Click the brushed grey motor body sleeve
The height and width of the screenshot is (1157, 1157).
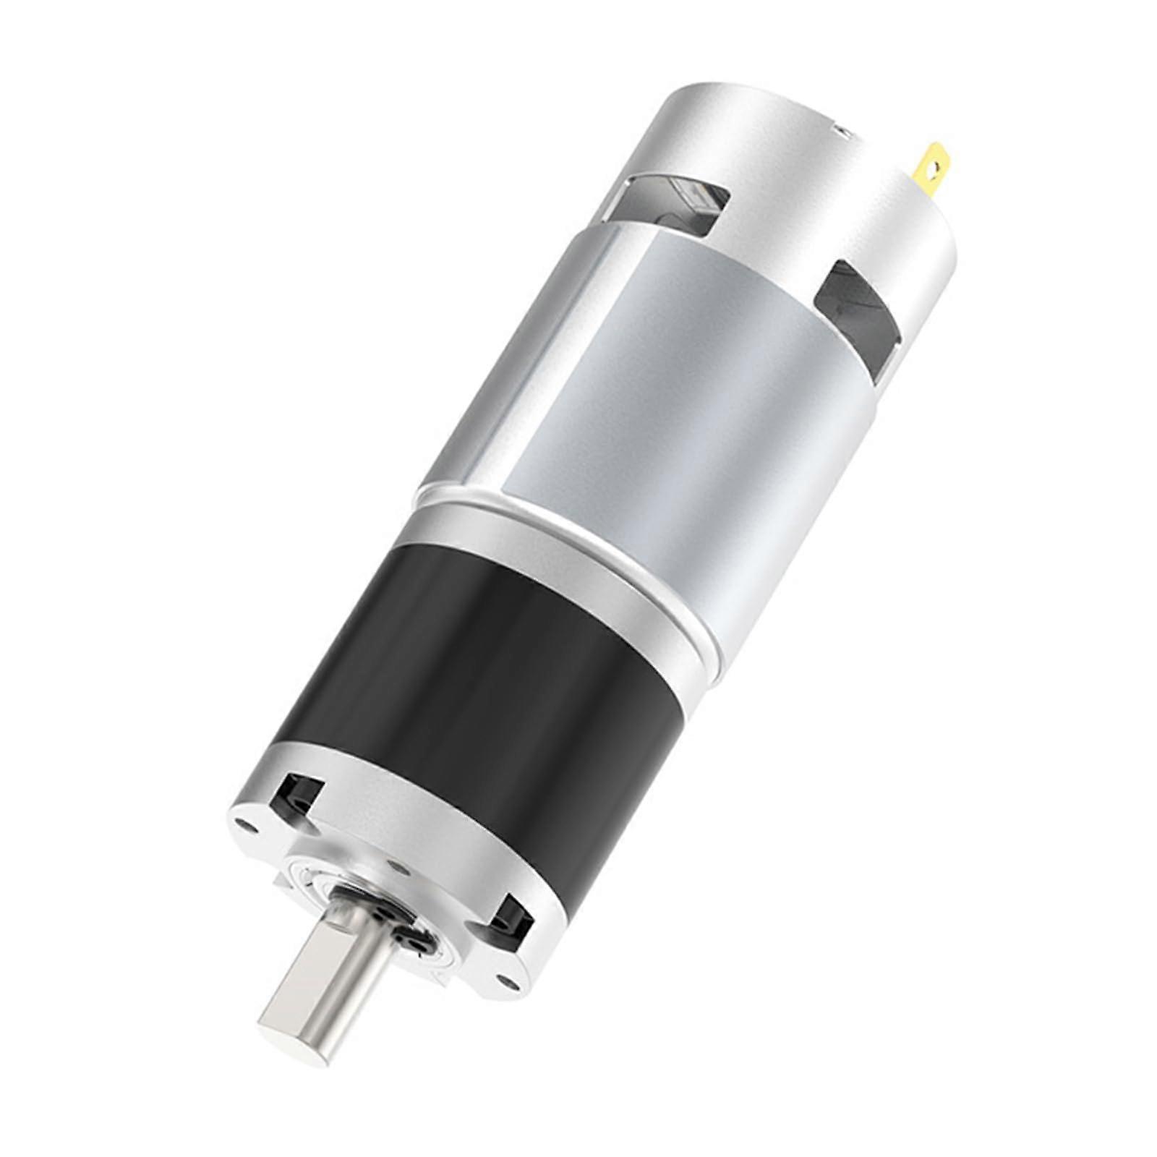(x=651, y=376)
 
